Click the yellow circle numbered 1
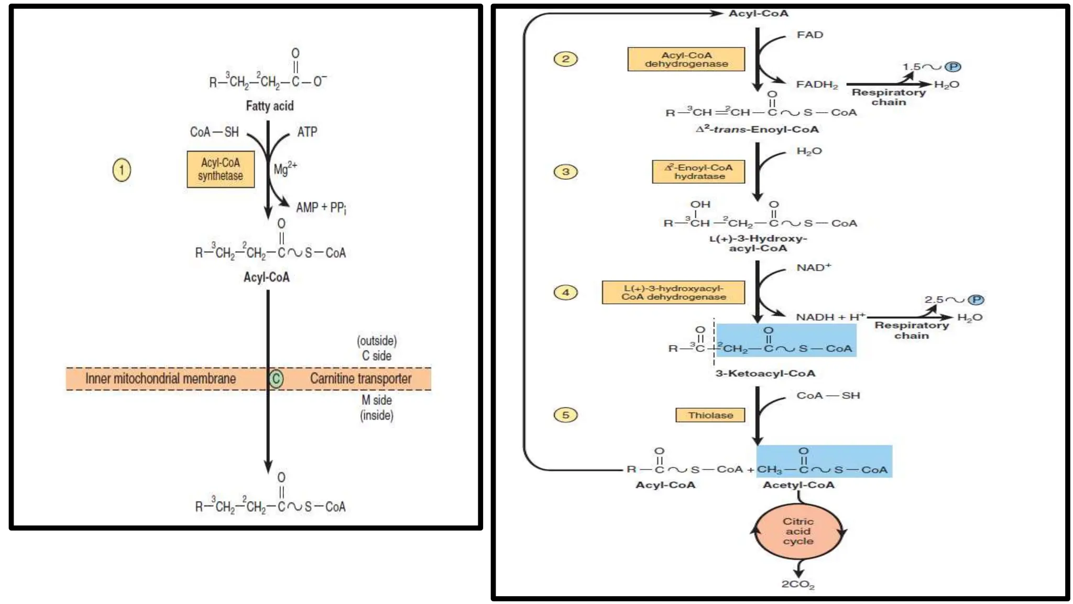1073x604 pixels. pyautogui.click(x=122, y=170)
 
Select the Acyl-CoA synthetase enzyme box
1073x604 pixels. pyautogui.click(x=221, y=169)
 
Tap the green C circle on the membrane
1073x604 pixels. pyautogui.click(x=276, y=379)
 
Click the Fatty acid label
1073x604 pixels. pyautogui.click(x=270, y=106)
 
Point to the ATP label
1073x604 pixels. pyautogui.click(x=307, y=132)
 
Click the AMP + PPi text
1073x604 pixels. pyautogui.click(x=321, y=208)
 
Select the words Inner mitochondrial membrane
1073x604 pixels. pyautogui.click(x=160, y=379)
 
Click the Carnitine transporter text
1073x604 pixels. pyautogui.click(x=360, y=379)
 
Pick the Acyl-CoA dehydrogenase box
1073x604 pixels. pyautogui.click(x=686, y=59)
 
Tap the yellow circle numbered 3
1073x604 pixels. pyautogui.click(x=565, y=171)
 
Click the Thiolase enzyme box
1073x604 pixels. pyautogui.click(x=710, y=415)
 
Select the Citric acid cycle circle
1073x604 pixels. pyautogui.click(x=798, y=531)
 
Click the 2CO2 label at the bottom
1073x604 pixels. pyautogui.click(x=797, y=584)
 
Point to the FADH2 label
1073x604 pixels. pyautogui.click(x=816, y=84)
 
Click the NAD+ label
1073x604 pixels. pyautogui.click(x=813, y=268)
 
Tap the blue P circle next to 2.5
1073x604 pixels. pyautogui.click(x=976, y=300)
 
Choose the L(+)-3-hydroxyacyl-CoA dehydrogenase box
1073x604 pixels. pyautogui.click(x=673, y=293)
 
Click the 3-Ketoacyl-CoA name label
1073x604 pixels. pyautogui.click(x=765, y=373)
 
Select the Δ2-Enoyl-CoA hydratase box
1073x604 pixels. pyautogui.click(x=698, y=171)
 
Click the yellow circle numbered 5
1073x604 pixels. pyautogui.click(x=565, y=415)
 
